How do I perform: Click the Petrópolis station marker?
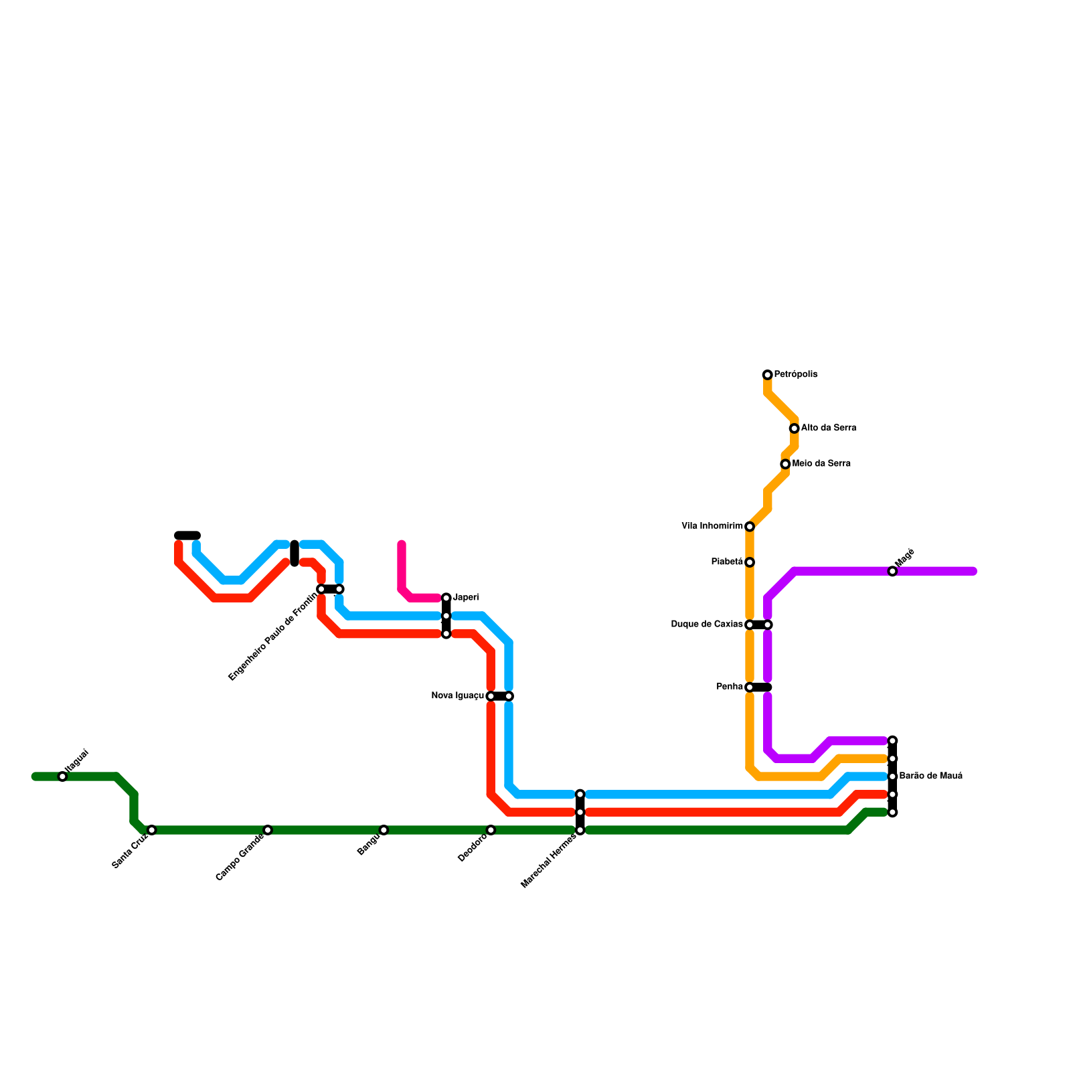[767, 375]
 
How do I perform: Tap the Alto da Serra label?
[828, 428]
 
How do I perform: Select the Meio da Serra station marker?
[785, 464]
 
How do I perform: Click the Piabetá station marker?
[750, 562]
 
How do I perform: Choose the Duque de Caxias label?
[707, 625]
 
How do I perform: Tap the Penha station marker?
[750, 687]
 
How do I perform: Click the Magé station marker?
[892, 571]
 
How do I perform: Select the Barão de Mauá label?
[930, 776]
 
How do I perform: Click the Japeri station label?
[466, 597]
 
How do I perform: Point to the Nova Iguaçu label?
[458, 696]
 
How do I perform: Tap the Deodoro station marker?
[491, 830]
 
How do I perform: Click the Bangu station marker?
[384, 830]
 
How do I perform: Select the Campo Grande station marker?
[268, 830]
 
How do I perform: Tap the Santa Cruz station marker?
[152, 830]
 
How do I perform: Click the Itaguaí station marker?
[62, 776]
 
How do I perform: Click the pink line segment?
[402, 569]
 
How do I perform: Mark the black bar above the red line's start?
[187, 535]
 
